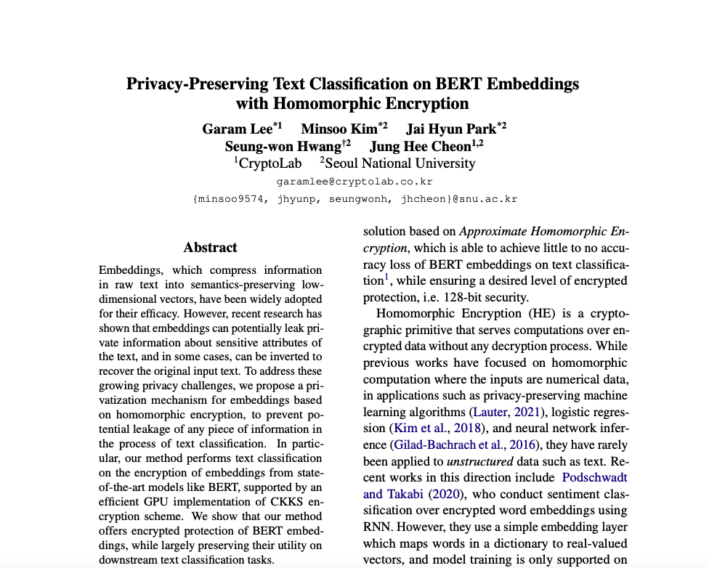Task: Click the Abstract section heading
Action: coord(210,248)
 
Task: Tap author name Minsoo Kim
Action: coord(339,129)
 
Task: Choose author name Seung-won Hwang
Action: coord(283,146)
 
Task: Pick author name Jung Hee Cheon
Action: coord(421,146)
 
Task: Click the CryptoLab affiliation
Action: coord(270,163)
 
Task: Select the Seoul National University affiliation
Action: coord(400,163)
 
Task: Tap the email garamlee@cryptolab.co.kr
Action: coord(354,182)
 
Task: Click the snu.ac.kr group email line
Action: coord(354,198)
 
